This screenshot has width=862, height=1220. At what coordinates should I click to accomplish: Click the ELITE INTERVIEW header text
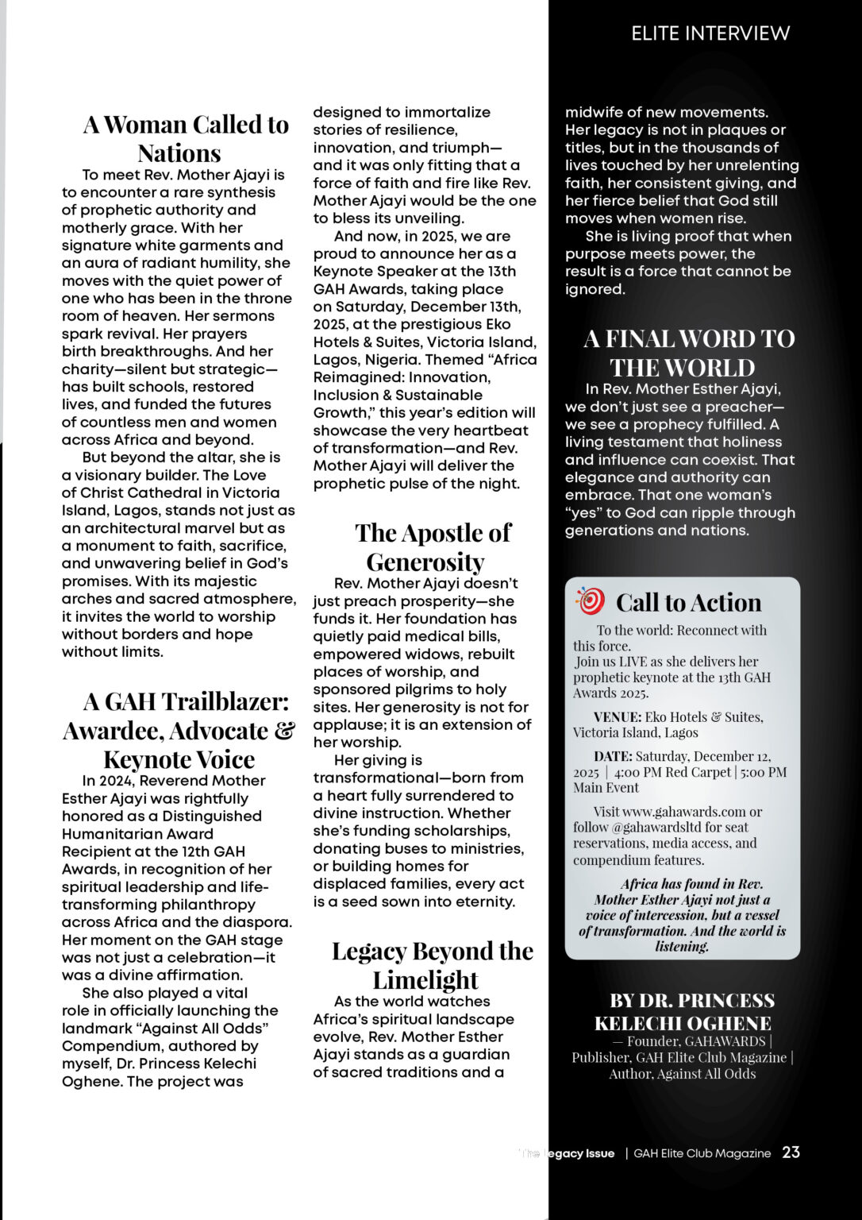click(x=710, y=33)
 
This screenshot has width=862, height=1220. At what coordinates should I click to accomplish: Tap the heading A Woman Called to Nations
click(x=185, y=138)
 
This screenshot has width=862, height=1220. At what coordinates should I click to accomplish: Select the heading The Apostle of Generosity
click(x=432, y=546)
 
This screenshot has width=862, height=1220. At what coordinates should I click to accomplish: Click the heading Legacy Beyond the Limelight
click(x=432, y=965)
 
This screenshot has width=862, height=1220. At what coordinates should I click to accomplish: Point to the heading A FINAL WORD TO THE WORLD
click(x=688, y=353)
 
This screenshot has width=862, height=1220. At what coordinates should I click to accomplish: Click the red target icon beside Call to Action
click(x=590, y=601)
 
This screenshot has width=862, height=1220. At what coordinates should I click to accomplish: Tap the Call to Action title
click(x=688, y=603)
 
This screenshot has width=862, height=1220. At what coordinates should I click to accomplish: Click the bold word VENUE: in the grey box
click(x=617, y=717)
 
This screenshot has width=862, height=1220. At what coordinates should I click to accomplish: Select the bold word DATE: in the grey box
click(x=613, y=756)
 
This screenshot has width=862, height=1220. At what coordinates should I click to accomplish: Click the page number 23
click(x=791, y=1152)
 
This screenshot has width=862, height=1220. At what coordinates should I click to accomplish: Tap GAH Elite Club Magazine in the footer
click(x=702, y=1153)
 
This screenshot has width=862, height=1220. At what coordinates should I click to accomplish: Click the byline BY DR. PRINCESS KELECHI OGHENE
click(x=683, y=1011)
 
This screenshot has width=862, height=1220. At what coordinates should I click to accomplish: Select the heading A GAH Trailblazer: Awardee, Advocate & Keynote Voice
click(x=179, y=730)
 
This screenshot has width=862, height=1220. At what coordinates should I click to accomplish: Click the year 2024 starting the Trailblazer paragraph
click(x=117, y=781)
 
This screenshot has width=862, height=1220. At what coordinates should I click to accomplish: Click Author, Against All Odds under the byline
click(x=682, y=1074)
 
